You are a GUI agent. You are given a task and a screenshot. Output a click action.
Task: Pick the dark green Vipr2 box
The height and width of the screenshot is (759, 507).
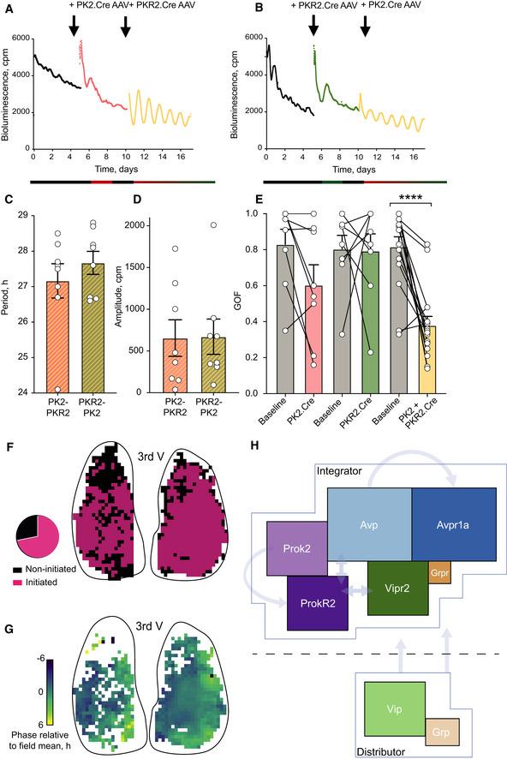coord(397,589)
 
